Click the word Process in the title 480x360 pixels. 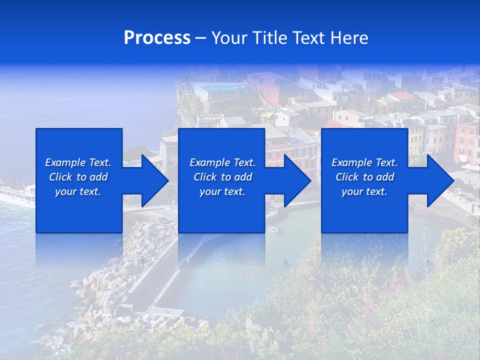click(157, 38)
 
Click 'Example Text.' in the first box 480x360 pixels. click(78, 162)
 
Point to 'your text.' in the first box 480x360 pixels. click(78, 191)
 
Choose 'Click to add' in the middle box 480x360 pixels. click(222, 177)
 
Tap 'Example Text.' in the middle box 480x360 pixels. click(222, 162)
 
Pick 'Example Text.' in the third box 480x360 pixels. click(364, 162)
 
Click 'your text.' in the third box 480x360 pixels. click(364, 191)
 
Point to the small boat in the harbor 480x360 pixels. click(272, 229)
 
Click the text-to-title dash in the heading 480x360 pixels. click(200, 38)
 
